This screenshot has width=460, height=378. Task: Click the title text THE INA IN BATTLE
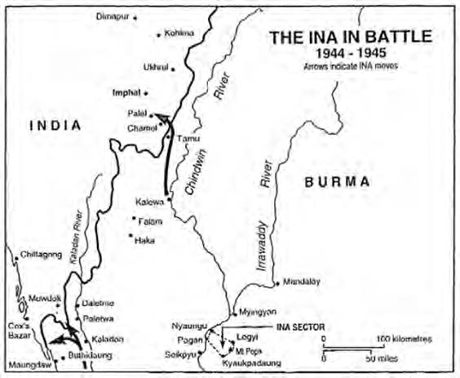click(352, 38)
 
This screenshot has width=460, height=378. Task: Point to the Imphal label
click(126, 92)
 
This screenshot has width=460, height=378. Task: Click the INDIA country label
click(54, 126)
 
